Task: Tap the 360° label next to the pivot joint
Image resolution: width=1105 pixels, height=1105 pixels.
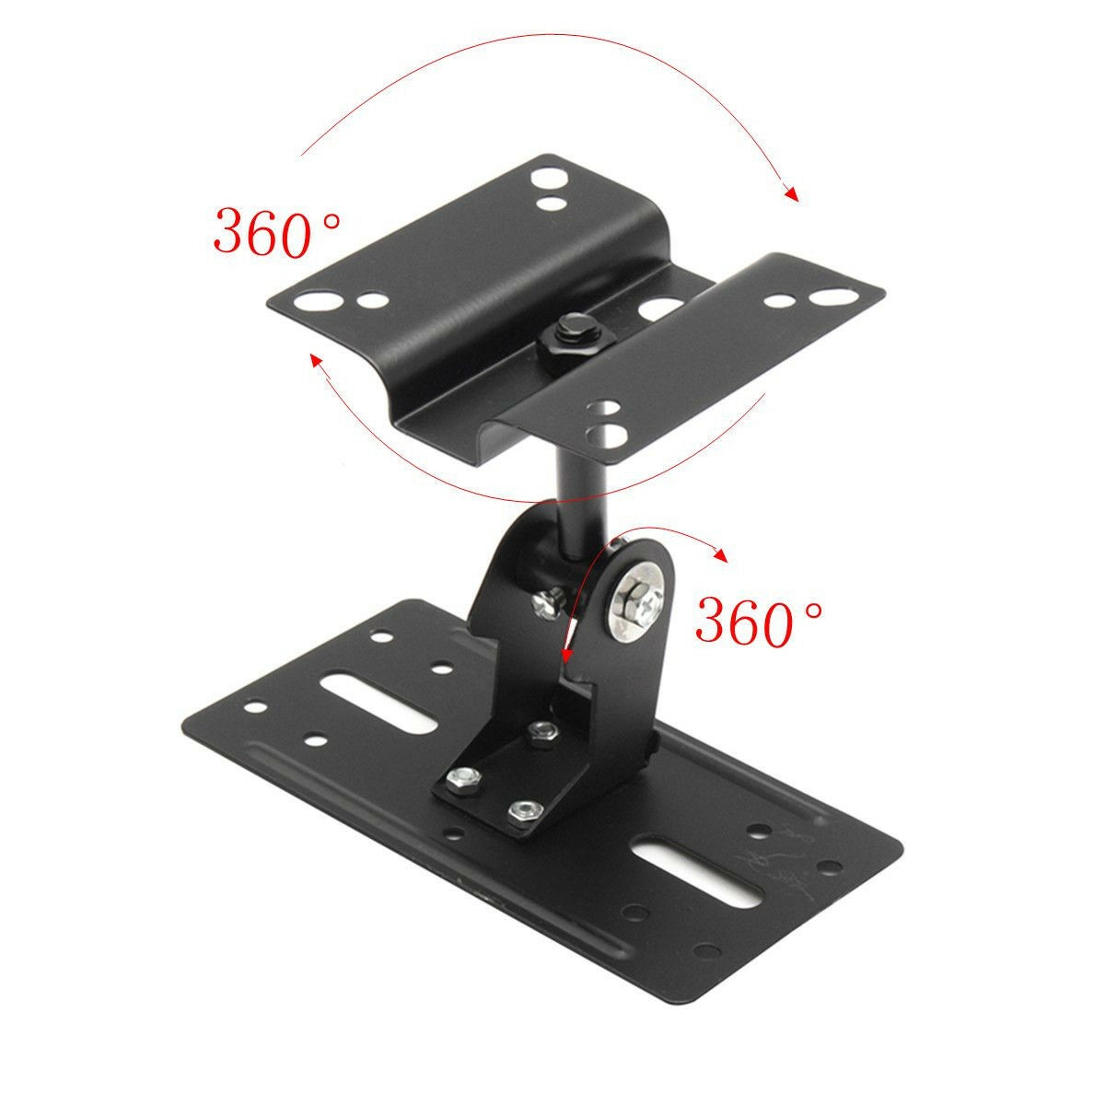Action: pos(759,622)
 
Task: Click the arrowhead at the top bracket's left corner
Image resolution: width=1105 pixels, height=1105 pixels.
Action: pos(316,360)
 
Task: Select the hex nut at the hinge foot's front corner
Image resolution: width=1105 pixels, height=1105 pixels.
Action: pos(523,810)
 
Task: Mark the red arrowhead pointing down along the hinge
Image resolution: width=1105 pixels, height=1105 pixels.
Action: pos(565,654)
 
